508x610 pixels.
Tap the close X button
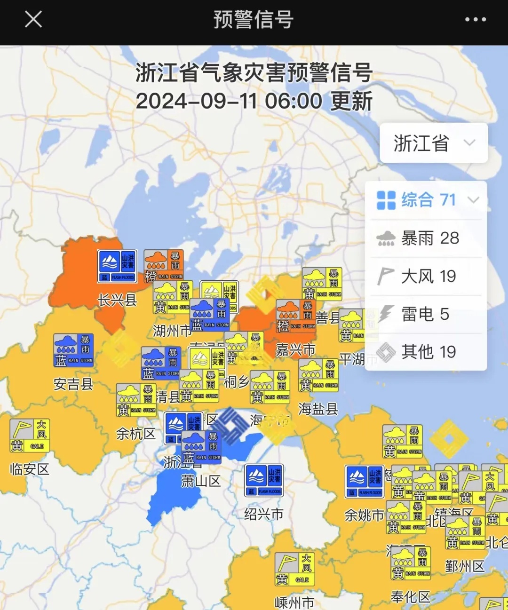[x=33, y=20]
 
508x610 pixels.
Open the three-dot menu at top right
[x=475, y=20]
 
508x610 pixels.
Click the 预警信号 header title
[x=254, y=20]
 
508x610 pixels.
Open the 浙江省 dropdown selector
[x=433, y=143]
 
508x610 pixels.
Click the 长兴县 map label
[x=117, y=300]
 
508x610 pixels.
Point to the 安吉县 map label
[x=73, y=384]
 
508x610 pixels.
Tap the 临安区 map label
[x=29, y=469]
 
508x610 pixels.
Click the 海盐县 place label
[x=318, y=409]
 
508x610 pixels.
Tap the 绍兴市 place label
[x=263, y=514]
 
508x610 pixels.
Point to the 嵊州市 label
[x=294, y=602]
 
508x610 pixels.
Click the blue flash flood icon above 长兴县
[x=117, y=266]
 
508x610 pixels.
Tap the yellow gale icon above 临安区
[x=30, y=436]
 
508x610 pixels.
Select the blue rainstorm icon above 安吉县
[x=74, y=350]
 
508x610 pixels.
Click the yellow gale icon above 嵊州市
[x=294, y=569]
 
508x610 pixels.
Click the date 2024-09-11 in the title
[x=196, y=101]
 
